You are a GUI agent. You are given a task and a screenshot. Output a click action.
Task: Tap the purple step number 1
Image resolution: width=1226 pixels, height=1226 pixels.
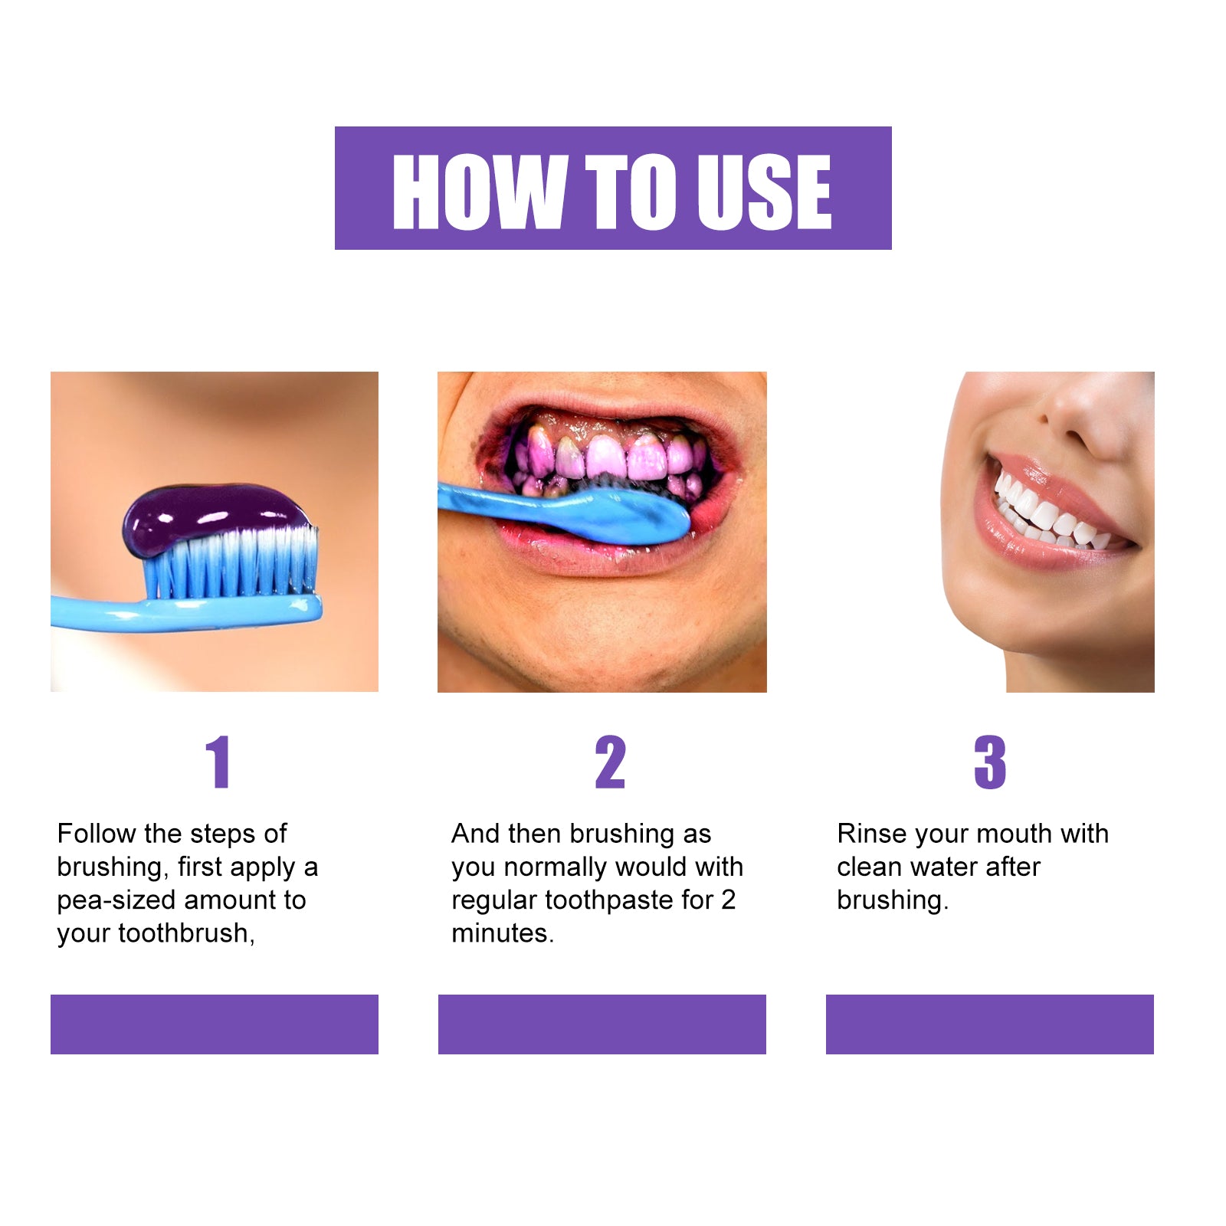218,762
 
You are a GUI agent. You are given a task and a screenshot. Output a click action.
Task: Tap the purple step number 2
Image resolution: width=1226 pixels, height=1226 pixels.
610,762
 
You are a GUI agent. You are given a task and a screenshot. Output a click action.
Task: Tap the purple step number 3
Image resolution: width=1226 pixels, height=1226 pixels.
989,762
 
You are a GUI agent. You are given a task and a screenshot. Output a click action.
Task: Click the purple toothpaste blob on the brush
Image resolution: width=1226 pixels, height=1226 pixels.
207,513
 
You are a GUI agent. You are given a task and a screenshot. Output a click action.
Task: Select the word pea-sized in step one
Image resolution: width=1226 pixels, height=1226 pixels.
115,900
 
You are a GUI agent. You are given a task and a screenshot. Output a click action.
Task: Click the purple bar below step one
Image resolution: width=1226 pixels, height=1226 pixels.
215,1024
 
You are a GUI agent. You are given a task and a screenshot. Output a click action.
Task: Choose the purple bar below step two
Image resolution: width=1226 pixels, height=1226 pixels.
602,1024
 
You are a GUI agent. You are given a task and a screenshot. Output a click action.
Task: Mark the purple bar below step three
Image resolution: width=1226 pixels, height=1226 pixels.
989,1024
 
